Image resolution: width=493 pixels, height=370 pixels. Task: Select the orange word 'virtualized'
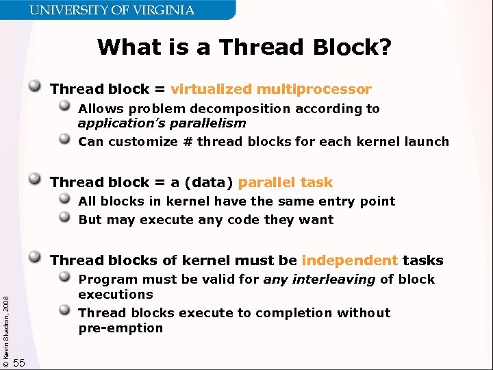[211, 89]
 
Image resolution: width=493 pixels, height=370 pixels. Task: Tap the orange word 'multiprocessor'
[314, 89]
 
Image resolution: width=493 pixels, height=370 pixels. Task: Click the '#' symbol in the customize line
[185, 142]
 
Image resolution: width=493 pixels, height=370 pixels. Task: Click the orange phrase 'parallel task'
[286, 182]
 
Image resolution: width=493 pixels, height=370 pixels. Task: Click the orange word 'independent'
[349, 260]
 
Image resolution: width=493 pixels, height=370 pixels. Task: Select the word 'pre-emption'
[121, 328]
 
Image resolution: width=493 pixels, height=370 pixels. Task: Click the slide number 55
[19, 362]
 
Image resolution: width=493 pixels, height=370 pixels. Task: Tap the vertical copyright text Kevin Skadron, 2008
[5, 323]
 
